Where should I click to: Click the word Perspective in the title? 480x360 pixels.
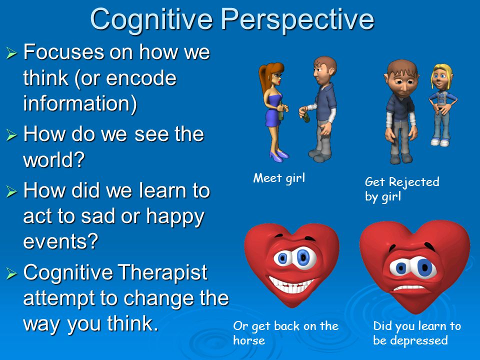pyautogui.click(x=297, y=20)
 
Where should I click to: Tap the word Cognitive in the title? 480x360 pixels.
pyautogui.click(x=151, y=20)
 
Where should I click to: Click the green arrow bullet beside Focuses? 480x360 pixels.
pyautogui.click(x=11, y=53)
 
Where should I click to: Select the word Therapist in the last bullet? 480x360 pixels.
pyautogui.click(x=162, y=272)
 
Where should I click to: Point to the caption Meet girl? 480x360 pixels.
pyautogui.click(x=279, y=178)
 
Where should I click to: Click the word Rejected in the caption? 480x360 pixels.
pyautogui.click(x=414, y=182)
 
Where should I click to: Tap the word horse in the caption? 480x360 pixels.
pyautogui.click(x=249, y=340)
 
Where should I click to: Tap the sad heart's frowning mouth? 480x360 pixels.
pyautogui.click(x=408, y=288)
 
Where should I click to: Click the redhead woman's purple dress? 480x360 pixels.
pyautogui.click(x=273, y=110)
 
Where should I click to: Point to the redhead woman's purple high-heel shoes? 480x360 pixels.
pyautogui.click(x=279, y=155)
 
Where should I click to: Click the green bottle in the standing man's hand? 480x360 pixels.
pyautogui.click(x=306, y=117)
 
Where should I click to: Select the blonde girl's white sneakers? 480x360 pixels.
pyautogui.click(x=440, y=142)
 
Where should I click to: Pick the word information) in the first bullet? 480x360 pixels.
pyautogui.click(x=80, y=103)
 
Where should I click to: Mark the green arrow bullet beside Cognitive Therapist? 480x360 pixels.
pyautogui.click(x=11, y=273)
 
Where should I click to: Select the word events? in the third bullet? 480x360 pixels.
pyautogui.click(x=60, y=241)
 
